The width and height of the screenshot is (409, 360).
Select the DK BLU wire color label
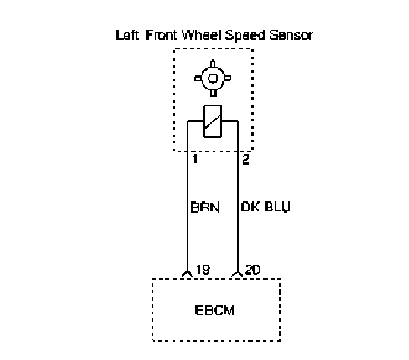[x=265, y=208]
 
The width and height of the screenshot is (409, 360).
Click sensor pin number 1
[x=194, y=159]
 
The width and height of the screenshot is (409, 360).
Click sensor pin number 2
[x=245, y=159]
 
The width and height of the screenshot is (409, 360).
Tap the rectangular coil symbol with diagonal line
[x=213, y=121]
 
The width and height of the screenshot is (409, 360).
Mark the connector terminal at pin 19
[x=188, y=274]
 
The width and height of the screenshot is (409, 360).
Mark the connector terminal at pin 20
[x=238, y=274]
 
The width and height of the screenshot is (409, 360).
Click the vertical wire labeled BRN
[x=188, y=226]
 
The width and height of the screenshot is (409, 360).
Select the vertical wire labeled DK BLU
[x=238, y=226]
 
